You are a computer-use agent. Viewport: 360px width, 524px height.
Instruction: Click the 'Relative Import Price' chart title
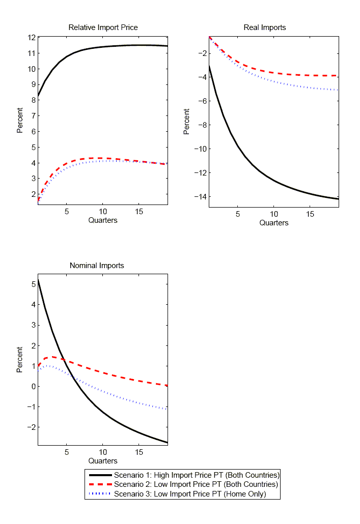click(x=103, y=27)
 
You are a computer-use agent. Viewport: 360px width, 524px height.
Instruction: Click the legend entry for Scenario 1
click(x=197, y=475)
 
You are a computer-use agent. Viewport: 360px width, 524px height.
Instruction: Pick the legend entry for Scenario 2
click(x=196, y=484)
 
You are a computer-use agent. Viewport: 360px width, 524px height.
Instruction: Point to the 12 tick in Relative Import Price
click(x=32, y=38)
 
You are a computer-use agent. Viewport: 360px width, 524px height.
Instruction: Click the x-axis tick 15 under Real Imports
click(x=310, y=214)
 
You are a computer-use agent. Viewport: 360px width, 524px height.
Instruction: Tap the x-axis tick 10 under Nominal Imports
click(x=102, y=452)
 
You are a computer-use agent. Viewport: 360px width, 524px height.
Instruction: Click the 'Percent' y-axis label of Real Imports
click(x=186, y=122)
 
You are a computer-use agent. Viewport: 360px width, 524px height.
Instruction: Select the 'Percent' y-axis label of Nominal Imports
click(x=20, y=360)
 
